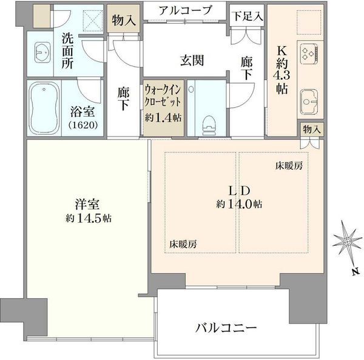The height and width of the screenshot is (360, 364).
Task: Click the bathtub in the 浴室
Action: tap(44, 108)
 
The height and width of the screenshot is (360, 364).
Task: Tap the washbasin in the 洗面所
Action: tap(42, 52)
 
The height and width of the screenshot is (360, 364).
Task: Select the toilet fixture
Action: tap(209, 125)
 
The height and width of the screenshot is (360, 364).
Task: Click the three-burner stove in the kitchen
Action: tap(309, 53)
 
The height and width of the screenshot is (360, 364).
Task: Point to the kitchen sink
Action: tap(309, 102)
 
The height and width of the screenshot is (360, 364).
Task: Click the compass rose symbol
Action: tap(347, 242)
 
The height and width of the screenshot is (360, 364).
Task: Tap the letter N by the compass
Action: tap(355, 271)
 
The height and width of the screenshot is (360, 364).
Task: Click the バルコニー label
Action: tap(226, 328)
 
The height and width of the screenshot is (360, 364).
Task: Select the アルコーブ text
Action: tap(185, 10)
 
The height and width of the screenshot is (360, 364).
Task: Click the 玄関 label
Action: tap(192, 61)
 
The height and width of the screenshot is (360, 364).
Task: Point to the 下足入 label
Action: tap(248, 16)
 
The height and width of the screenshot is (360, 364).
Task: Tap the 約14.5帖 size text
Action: tap(89, 219)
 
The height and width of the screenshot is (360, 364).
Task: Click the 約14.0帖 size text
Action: tap(240, 204)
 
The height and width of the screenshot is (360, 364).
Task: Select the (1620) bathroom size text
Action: tap(83, 125)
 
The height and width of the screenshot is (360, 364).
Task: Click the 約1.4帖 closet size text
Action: tap(163, 118)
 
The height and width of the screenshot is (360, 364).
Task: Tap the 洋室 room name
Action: tap(87, 204)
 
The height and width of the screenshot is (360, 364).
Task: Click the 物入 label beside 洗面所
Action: tap(124, 21)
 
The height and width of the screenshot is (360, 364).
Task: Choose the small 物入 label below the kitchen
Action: tap(311, 129)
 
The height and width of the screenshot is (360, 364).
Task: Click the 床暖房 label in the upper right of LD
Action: tap(289, 166)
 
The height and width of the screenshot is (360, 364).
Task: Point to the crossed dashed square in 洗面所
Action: tap(93, 21)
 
